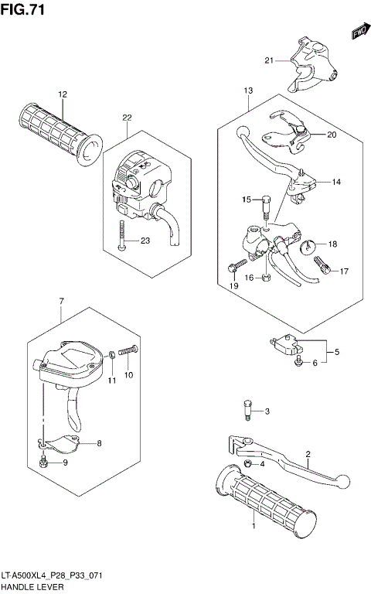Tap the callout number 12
(62, 94)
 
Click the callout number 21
(268, 60)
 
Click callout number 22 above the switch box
(126, 118)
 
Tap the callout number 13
(248, 91)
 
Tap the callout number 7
(60, 301)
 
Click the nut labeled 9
(44, 464)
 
